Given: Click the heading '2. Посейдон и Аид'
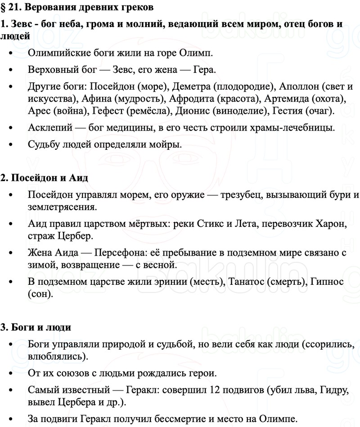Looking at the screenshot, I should pyautogui.click(x=44, y=177).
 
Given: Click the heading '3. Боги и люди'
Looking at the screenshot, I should pyautogui.click(x=36, y=327).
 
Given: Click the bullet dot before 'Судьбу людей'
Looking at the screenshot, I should pyautogui.click(x=12, y=145).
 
